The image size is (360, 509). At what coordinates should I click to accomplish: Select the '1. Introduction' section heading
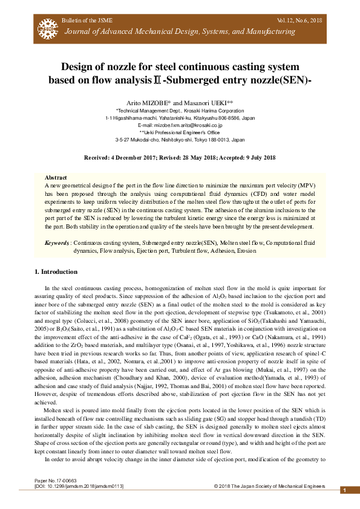[55, 271]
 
